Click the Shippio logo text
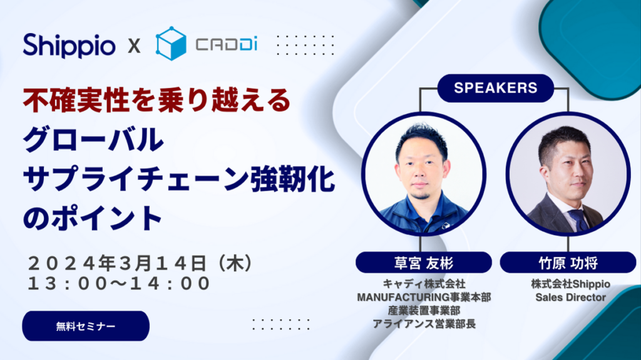point(69,45)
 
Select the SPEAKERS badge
point(495,88)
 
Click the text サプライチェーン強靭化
point(179,180)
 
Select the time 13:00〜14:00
point(119,283)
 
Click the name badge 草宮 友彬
point(423,262)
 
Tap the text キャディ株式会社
point(423,284)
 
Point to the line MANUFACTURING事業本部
point(423,297)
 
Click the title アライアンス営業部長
point(423,323)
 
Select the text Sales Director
point(570,297)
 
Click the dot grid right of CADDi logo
point(305,46)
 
